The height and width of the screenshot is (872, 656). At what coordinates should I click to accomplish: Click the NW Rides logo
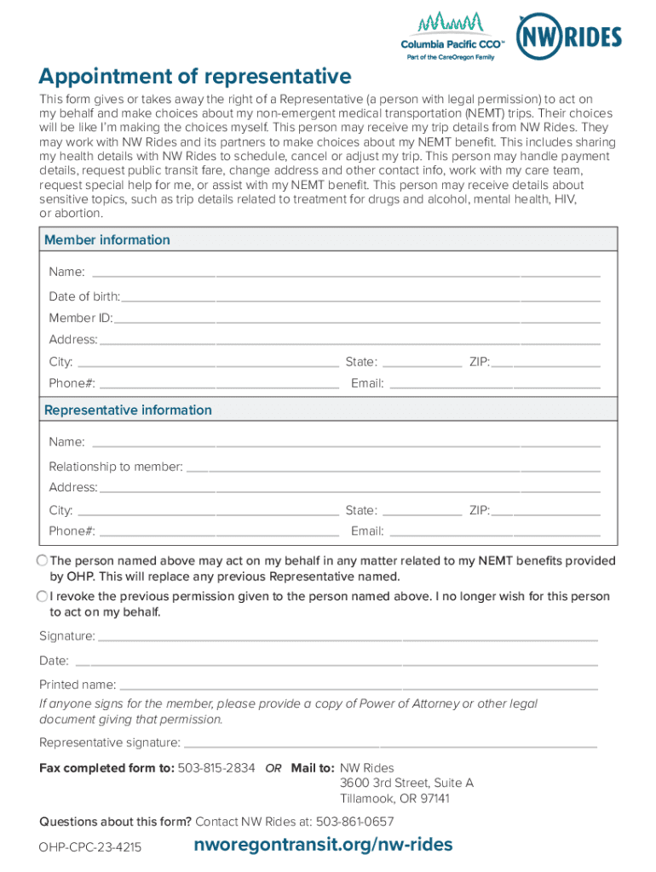569,37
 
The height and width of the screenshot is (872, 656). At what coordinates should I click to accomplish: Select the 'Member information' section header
107,240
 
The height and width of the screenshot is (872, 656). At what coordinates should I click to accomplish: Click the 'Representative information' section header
128,410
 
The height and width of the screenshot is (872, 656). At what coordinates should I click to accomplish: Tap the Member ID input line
357,318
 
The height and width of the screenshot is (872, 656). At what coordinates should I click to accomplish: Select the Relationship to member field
393,468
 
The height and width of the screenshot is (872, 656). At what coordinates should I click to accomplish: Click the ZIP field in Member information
545,363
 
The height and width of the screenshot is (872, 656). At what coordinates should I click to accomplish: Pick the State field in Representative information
423,511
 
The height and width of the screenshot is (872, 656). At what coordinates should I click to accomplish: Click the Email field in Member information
494,384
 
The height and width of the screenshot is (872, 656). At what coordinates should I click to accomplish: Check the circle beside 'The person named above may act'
43,560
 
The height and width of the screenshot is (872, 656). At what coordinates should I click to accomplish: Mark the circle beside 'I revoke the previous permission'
43,596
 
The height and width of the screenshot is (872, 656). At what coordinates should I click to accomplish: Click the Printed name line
359,686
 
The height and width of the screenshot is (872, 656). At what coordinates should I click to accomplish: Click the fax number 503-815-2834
216,768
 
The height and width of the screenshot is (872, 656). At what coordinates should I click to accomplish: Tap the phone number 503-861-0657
355,822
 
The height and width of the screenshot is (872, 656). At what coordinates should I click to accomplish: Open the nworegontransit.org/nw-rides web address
323,845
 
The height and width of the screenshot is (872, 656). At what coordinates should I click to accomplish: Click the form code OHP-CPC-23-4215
90,848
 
